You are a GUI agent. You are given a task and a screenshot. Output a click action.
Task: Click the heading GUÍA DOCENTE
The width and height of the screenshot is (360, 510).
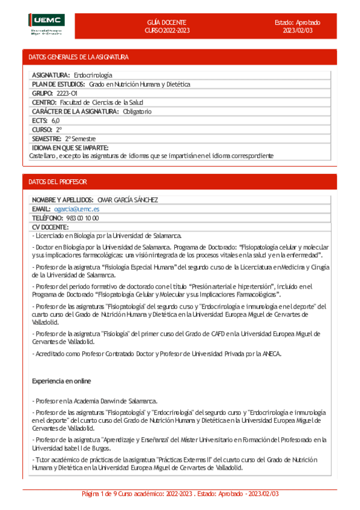tap(166, 22)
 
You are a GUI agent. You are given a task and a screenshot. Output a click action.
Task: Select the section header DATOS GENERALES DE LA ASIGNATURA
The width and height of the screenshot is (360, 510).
tap(79, 57)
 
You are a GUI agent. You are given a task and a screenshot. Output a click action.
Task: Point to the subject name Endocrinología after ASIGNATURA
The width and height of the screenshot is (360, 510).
tap(93, 75)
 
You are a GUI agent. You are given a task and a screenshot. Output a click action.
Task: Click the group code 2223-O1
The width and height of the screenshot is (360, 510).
tap(67, 93)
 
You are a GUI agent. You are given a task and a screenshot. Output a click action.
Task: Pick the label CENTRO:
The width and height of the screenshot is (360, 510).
tap(44, 102)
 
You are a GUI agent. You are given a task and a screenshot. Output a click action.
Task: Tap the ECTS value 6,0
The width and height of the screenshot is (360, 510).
tap(55, 120)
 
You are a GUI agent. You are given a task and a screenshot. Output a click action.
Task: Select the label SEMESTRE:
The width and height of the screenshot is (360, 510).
tap(47, 138)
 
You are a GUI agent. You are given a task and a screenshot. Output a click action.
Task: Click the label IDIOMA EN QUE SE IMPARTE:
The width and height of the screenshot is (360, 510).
tap(70, 147)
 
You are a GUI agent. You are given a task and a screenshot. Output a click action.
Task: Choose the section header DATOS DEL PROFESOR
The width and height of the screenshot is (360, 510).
tap(58, 181)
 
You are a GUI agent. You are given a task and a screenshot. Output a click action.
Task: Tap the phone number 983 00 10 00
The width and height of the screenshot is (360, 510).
tap(82, 218)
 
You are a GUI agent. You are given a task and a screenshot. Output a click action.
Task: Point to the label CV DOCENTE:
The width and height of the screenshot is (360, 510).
tap(50, 227)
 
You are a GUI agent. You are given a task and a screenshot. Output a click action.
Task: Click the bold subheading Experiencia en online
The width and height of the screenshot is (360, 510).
tap(61, 381)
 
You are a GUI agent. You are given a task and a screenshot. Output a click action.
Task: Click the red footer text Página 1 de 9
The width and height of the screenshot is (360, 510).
tap(104, 493)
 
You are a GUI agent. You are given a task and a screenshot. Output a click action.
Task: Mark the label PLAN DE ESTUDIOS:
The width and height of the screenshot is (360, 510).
tap(58, 84)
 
